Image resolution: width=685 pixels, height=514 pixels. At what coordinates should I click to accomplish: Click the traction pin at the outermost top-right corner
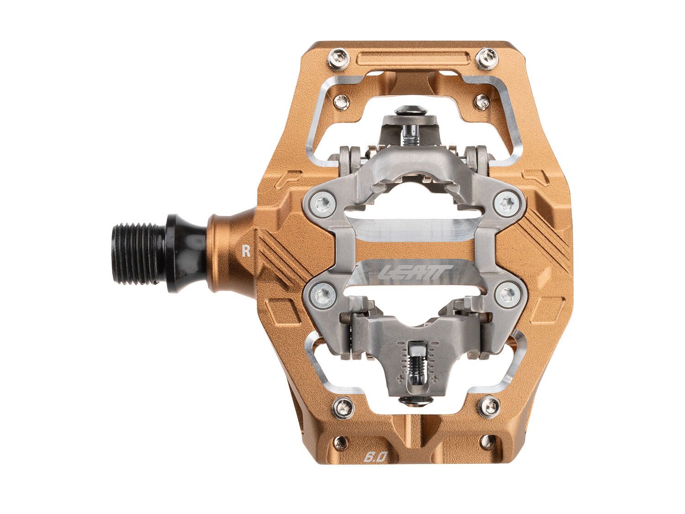485,57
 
